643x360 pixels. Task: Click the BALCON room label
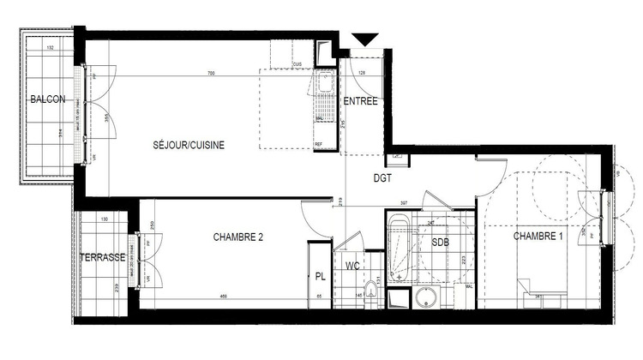(x=47, y=100)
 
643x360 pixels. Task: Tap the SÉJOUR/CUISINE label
(x=189, y=146)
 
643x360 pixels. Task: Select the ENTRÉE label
(x=360, y=102)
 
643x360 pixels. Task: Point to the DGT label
(x=382, y=179)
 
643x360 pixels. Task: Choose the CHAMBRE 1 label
(x=538, y=236)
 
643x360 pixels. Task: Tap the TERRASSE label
(x=103, y=257)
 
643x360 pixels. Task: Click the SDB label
(x=440, y=243)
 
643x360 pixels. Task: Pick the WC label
(x=352, y=267)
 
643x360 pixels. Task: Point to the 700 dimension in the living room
(x=211, y=74)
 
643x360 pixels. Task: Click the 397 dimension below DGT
(x=404, y=204)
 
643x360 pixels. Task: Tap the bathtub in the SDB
(x=398, y=251)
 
